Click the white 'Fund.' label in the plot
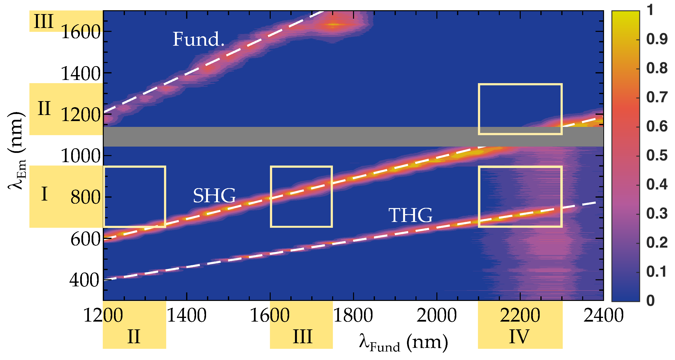198,39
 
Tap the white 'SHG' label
214,196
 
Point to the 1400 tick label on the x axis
186,315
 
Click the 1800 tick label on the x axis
353,315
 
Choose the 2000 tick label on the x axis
437,315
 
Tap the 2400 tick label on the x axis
603,315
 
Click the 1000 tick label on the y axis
80,156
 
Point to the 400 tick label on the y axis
84,280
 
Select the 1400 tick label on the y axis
80,74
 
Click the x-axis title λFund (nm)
403,343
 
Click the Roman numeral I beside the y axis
44,194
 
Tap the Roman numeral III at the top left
43,21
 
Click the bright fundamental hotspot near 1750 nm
333,25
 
